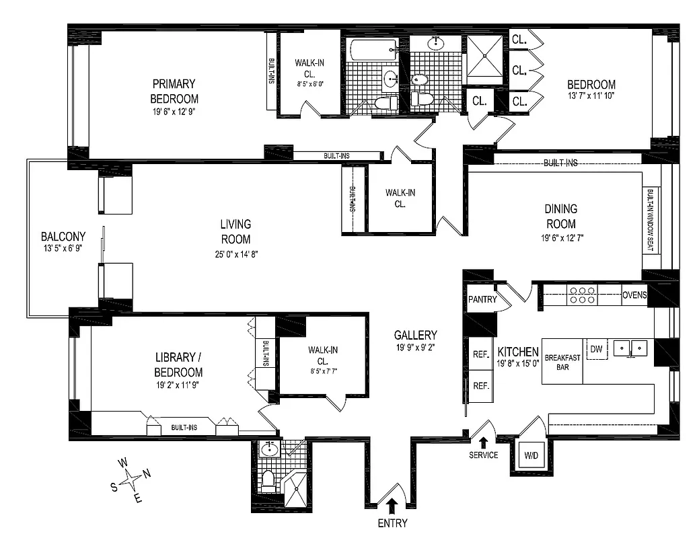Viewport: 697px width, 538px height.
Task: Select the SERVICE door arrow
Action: coord(483,441)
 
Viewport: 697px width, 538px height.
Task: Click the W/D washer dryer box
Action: coord(530,456)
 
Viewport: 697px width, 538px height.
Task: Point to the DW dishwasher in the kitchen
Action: coord(595,348)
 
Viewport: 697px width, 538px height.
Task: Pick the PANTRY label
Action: coord(482,299)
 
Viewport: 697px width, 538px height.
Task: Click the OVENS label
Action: coord(634,295)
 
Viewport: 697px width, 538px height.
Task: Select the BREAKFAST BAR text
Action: coord(562,362)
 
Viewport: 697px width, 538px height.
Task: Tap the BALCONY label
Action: coord(63,237)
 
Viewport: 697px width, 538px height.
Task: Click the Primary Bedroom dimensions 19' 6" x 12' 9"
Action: coord(174,112)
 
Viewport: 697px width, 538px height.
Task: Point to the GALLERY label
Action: coord(416,335)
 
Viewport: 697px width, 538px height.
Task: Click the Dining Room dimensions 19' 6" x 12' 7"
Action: coord(560,237)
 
